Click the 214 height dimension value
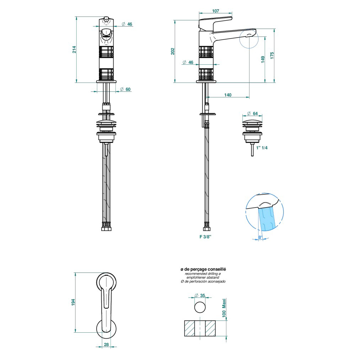(x=74, y=50)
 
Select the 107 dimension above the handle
(x=216, y=11)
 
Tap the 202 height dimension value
(x=173, y=51)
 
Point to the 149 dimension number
(x=263, y=59)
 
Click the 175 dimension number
(x=272, y=55)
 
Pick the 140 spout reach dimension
(x=228, y=95)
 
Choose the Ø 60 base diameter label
(x=125, y=89)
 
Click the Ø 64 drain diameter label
(x=252, y=113)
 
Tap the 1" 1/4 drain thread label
(x=262, y=147)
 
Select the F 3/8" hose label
(x=205, y=237)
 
